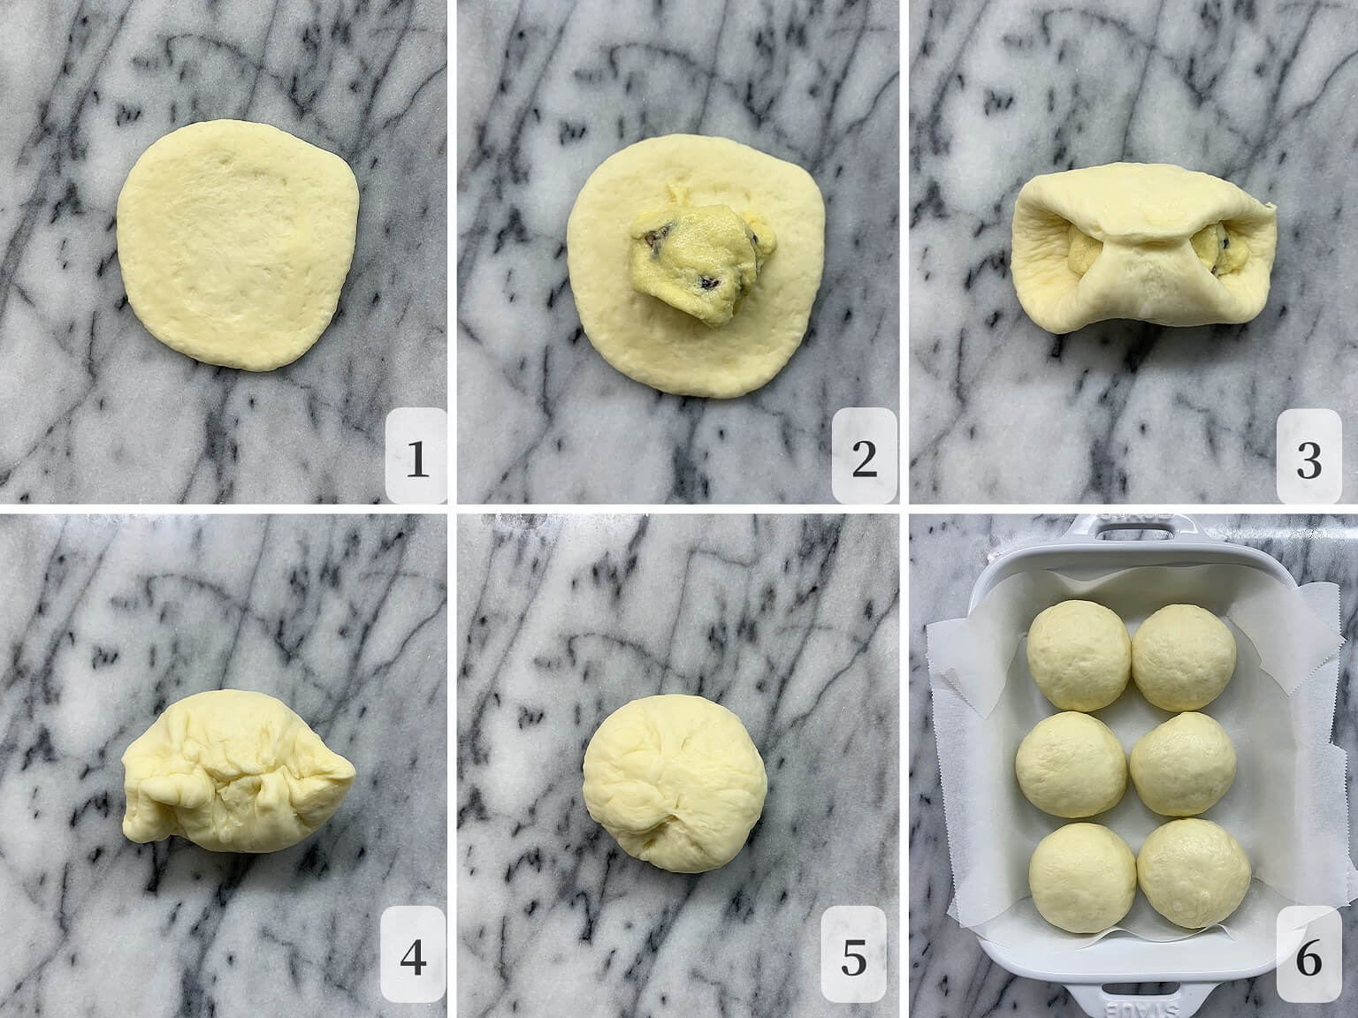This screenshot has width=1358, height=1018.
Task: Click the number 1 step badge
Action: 416,455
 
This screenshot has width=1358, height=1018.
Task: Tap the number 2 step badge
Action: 865,455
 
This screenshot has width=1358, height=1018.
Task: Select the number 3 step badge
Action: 1308,455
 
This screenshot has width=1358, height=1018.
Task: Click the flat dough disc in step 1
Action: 238,245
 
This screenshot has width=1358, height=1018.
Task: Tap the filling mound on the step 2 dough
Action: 702,261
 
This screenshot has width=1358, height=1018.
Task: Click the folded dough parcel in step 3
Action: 1142,247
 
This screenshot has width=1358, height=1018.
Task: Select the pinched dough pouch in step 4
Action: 238,771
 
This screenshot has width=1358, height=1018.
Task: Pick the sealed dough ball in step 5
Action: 675,783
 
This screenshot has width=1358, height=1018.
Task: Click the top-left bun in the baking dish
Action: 1079,655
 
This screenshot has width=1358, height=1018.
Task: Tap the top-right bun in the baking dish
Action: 1184,657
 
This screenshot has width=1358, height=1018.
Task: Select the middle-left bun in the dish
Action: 1071,764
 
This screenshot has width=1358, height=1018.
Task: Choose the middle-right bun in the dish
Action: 1183,764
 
